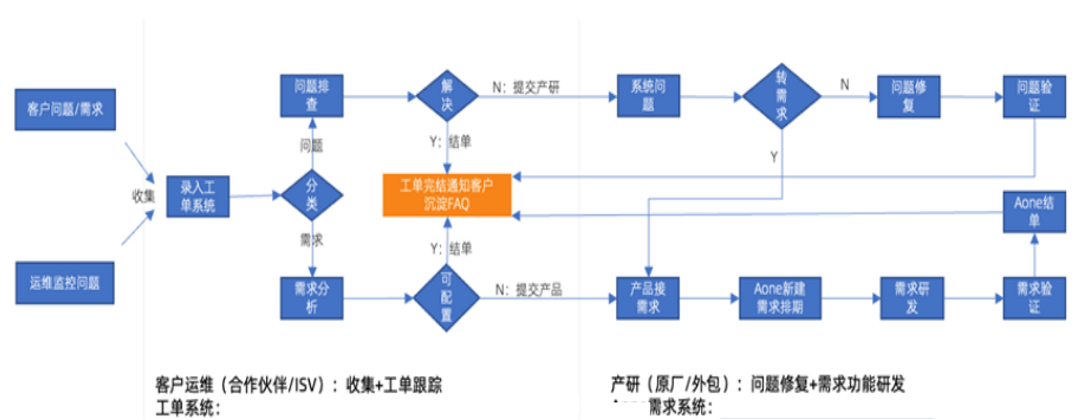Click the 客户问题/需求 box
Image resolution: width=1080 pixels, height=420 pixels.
(x=65, y=110)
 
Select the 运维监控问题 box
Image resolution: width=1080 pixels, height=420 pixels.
(x=65, y=283)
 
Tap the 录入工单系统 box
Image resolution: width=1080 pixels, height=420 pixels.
(x=198, y=196)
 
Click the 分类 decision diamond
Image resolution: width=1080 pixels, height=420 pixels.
(x=312, y=195)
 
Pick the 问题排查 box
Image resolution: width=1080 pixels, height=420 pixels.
(x=312, y=96)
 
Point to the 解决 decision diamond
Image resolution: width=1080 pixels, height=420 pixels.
(x=447, y=96)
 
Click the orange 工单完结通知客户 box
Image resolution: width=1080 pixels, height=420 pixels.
(x=447, y=195)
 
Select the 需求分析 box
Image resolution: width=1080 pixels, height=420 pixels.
(x=312, y=298)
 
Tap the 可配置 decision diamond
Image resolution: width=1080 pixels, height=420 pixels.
(x=447, y=298)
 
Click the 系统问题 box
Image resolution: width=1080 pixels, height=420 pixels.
(x=648, y=96)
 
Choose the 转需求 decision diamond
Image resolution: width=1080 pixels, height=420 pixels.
(x=781, y=96)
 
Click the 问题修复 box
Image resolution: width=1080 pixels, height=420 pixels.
(x=908, y=96)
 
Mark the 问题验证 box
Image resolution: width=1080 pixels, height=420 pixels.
(x=1034, y=96)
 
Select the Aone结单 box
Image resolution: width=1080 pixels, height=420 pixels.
(x=1034, y=211)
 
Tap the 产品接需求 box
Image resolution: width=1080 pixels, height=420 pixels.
(x=647, y=298)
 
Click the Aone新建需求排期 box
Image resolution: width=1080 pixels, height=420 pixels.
(x=780, y=298)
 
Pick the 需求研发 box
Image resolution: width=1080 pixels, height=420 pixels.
(x=912, y=298)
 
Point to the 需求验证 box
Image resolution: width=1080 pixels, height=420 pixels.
(x=1034, y=298)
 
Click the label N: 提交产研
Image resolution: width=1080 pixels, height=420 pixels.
(x=525, y=87)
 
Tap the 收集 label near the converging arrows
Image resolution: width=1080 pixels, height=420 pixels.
(x=143, y=196)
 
